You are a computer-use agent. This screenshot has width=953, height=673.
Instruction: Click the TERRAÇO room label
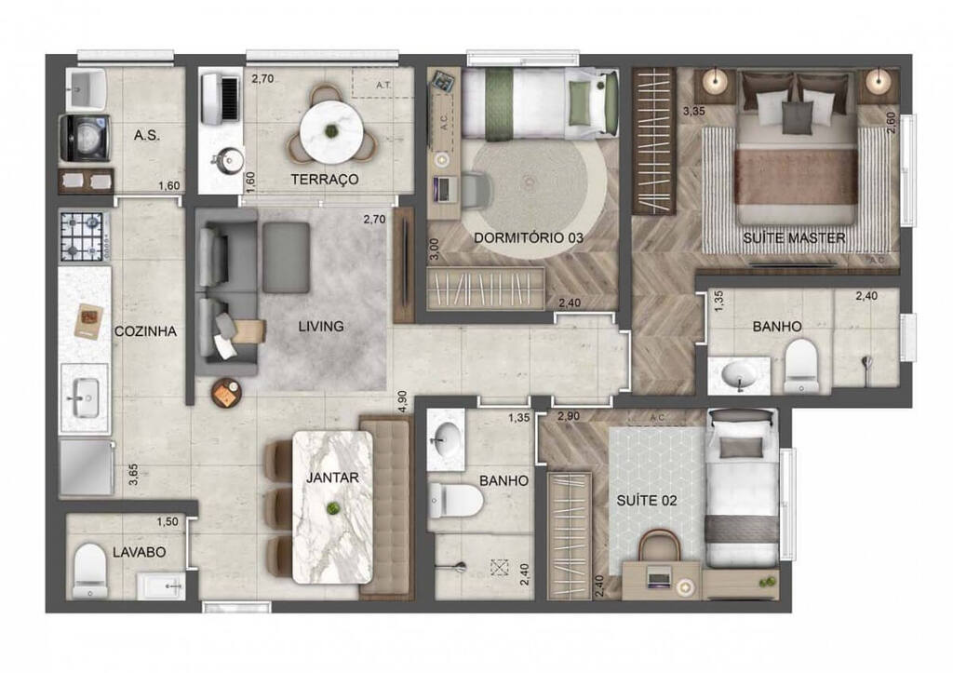325,180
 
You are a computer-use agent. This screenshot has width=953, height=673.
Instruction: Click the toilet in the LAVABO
89,566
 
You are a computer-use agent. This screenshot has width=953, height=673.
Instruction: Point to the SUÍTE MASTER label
794,238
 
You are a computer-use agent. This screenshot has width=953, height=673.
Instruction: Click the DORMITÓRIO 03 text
528,238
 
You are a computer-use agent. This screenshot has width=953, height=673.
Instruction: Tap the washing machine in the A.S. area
86,138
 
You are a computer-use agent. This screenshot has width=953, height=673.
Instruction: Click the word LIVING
321,327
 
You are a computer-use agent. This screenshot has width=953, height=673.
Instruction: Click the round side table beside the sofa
226,394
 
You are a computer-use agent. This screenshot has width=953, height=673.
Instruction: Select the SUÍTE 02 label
647,501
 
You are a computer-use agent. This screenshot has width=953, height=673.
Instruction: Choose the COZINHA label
145,331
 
